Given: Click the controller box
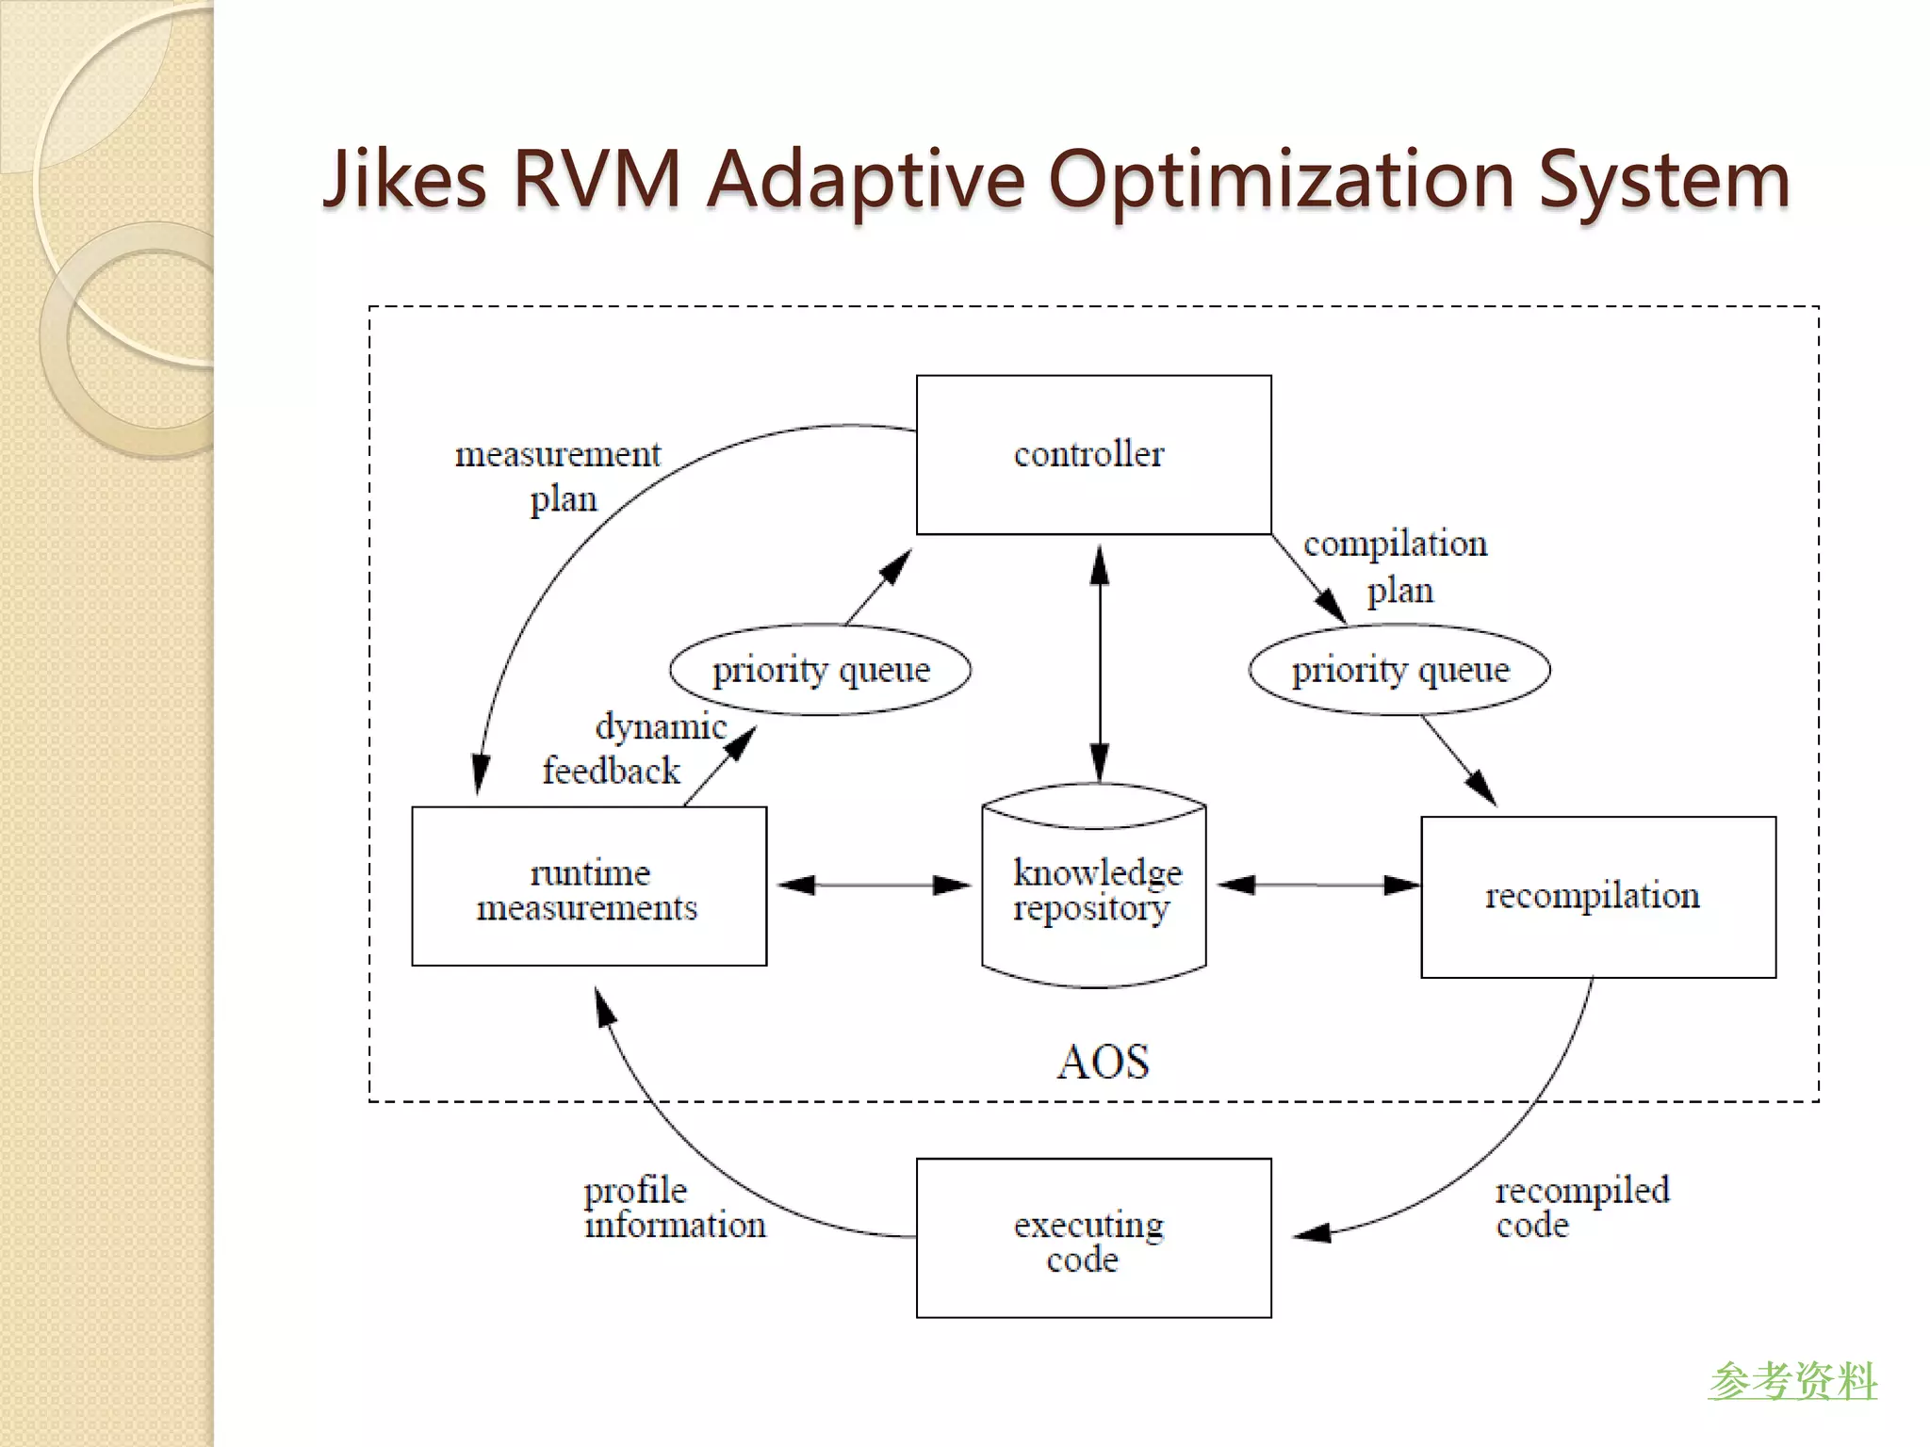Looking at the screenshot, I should click(x=1093, y=455).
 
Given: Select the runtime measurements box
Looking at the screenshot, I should click(x=589, y=886).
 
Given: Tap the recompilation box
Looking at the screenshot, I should click(x=1598, y=897).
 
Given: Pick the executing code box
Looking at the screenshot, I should click(x=1093, y=1238).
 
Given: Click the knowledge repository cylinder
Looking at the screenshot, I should click(x=1094, y=890).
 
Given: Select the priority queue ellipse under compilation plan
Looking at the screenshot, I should click(x=1399, y=670).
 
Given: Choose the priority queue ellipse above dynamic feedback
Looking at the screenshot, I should click(x=820, y=670).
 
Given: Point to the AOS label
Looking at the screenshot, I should click(x=1103, y=1062).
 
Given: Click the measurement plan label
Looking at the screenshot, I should click(x=558, y=476).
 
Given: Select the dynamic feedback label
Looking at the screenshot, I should click(x=633, y=749).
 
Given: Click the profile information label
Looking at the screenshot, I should click(x=673, y=1208).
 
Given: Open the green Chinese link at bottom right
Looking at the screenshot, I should click(x=1792, y=1381).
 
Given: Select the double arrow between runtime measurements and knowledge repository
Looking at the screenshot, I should click(x=874, y=886).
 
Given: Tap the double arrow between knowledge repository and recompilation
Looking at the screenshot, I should click(x=1317, y=886).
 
